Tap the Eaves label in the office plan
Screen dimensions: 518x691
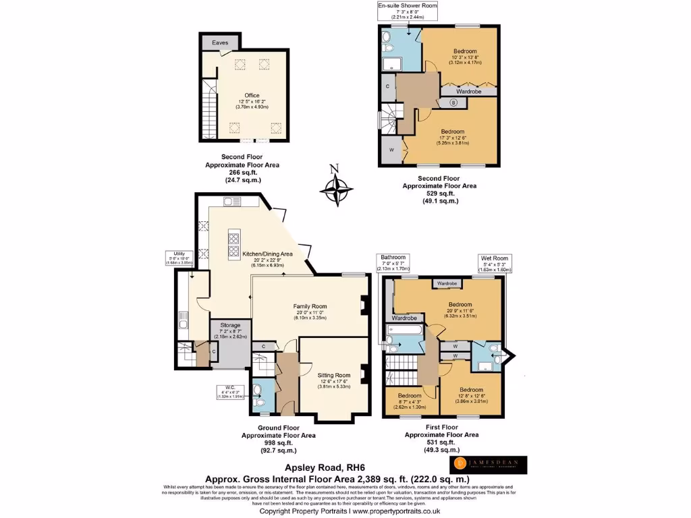pos(220,42)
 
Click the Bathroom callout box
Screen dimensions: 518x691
pos(393,262)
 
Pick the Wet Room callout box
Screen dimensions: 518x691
pos(495,262)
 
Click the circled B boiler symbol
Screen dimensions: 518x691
pos(453,103)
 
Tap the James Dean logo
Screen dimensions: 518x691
pos(489,465)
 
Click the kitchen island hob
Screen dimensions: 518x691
pos(234,244)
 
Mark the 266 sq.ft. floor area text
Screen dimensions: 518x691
pos(242,172)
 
